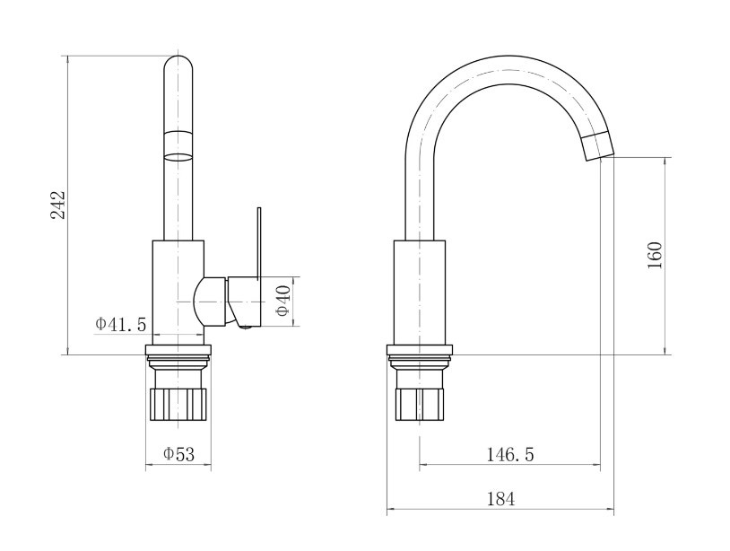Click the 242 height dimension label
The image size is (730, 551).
click(x=58, y=205)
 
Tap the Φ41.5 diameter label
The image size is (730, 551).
click(x=121, y=323)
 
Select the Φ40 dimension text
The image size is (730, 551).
click(x=282, y=301)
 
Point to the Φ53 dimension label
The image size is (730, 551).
click(x=178, y=454)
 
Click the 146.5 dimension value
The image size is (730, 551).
click(x=510, y=454)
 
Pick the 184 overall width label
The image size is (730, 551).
click(x=501, y=499)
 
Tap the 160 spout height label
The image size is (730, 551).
click(x=655, y=255)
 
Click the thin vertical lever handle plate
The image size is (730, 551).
click(x=259, y=243)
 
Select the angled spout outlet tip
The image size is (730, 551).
click(x=597, y=145)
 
